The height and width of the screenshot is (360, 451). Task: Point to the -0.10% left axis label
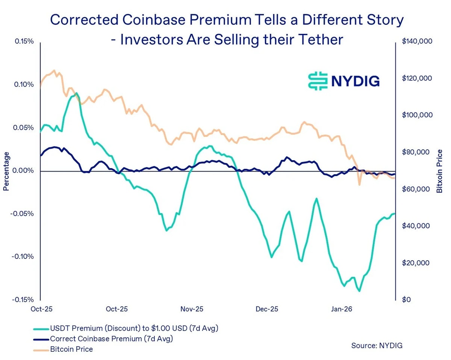click(23, 257)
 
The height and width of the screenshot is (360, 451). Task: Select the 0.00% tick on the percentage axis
click(24, 171)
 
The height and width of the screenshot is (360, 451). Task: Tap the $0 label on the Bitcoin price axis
click(406, 300)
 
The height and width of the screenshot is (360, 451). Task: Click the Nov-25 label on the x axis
click(192, 309)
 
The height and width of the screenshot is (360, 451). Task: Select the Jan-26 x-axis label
click(341, 309)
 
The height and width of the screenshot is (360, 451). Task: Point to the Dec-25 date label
click(267, 309)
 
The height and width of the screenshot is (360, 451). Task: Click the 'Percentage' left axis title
click(6, 171)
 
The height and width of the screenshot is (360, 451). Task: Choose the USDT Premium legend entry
click(134, 328)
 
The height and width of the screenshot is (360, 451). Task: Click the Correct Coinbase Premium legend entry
click(111, 339)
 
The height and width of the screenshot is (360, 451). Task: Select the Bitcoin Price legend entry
click(71, 349)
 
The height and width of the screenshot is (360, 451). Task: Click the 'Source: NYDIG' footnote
click(377, 345)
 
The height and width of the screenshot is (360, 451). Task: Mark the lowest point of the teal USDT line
click(360, 291)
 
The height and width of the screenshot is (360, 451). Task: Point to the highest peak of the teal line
click(76, 93)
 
